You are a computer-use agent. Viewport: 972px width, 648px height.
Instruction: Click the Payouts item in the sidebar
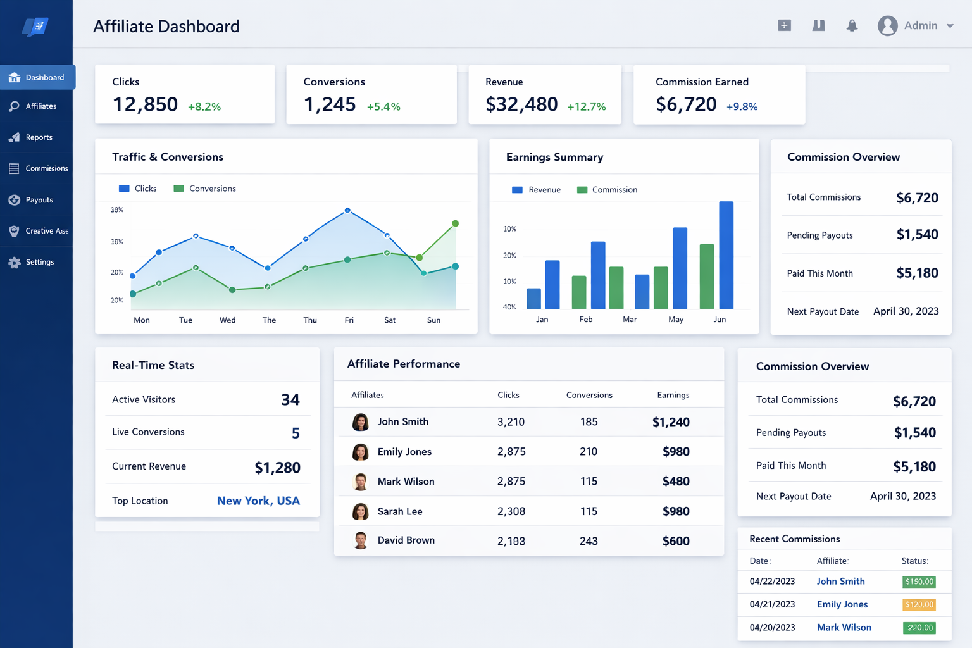pyautogui.click(x=39, y=200)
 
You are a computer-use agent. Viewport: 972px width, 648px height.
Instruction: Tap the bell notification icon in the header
pyautogui.click(x=852, y=26)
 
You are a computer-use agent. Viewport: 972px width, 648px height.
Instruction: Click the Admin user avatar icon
pyautogui.click(x=887, y=26)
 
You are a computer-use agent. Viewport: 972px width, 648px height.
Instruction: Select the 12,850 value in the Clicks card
pyautogui.click(x=145, y=104)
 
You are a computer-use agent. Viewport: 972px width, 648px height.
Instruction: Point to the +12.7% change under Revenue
pyautogui.click(x=586, y=107)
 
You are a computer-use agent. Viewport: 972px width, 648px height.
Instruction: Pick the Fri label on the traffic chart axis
pyautogui.click(x=349, y=320)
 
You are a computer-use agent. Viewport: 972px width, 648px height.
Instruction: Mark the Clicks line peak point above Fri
pyautogui.click(x=347, y=210)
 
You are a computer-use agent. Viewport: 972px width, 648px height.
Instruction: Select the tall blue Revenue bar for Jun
pyautogui.click(x=726, y=255)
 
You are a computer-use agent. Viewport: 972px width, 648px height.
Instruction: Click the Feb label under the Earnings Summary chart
pyautogui.click(x=586, y=320)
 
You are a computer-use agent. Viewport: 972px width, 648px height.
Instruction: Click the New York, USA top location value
pyautogui.click(x=258, y=501)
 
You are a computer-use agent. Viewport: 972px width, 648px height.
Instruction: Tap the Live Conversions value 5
pyautogui.click(x=296, y=433)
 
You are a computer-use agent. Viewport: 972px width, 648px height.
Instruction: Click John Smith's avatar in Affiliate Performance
pyautogui.click(x=361, y=422)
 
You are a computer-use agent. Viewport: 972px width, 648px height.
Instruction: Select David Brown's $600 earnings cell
pyautogui.click(x=676, y=541)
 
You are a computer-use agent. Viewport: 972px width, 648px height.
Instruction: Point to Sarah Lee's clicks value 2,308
pyautogui.click(x=511, y=511)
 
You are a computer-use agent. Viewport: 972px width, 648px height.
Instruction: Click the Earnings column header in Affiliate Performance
pyautogui.click(x=673, y=395)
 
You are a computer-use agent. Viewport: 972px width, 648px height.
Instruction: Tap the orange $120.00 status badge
pyautogui.click(x=919, y=605)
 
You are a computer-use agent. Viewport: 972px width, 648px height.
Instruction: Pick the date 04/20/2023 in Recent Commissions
pyautogui.click(x=772, y=628)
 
